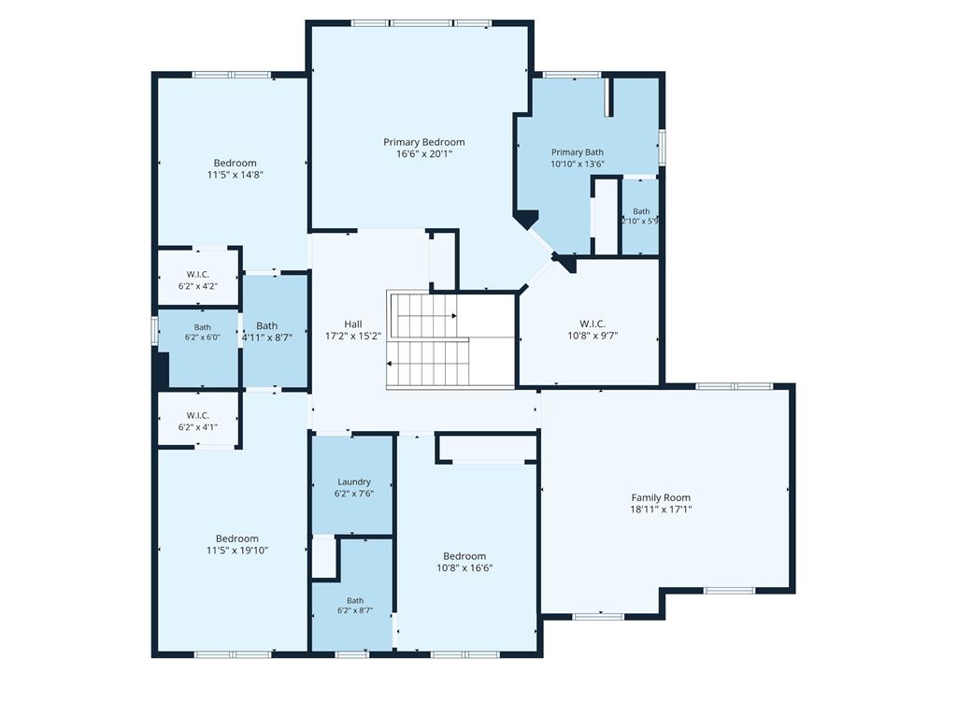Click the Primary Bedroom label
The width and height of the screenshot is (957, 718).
[424, 142]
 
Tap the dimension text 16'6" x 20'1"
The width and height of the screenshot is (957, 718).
[424, 154]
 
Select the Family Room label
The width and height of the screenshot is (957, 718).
[661, 497]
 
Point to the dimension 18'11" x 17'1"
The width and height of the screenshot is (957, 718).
[661, 510]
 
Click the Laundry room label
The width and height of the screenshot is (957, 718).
[354, 481]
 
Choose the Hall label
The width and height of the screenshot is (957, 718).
[352, 324]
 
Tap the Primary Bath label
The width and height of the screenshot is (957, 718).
[578, 152]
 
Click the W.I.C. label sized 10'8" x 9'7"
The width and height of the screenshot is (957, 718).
[593, 323]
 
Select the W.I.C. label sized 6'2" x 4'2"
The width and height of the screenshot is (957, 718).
[198, 275]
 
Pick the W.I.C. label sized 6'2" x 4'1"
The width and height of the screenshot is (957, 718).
[198, 416]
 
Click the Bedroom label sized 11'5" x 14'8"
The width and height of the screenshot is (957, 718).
[235, 163]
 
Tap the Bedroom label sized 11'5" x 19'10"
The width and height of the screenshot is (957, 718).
[237, 538]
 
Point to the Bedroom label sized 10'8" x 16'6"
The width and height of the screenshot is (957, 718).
[464, 556]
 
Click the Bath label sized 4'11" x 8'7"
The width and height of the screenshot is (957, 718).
[266, 326]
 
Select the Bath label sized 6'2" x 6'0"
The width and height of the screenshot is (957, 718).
[203, 328]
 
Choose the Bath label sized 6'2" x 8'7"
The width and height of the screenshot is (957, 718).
[355, 601]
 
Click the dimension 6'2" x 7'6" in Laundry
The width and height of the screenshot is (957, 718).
[354, 494]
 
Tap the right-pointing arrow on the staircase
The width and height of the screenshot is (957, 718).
[454, 316]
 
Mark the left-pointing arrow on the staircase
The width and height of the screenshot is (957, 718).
[390, 364]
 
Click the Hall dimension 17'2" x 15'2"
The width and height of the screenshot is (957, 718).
[353, 336]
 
